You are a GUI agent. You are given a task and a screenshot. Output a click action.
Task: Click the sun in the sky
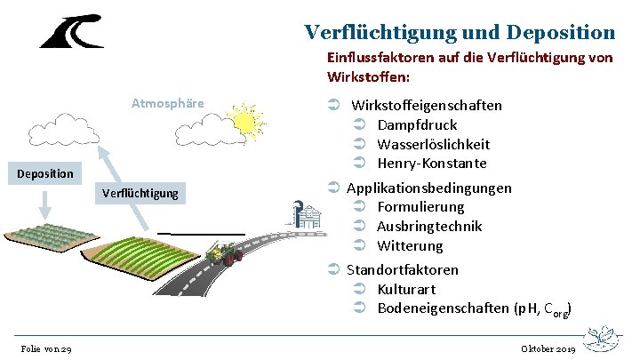(242, 119)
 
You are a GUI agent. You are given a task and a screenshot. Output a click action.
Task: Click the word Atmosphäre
(167, 103)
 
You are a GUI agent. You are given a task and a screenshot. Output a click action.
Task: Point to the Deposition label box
(45, 173)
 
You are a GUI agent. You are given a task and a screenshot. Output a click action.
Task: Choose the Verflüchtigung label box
(140, 193)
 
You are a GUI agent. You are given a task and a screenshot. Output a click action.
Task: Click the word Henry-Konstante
(432, 164)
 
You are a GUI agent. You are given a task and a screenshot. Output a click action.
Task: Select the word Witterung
(410, 245)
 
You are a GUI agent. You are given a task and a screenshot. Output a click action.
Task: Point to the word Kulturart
(406, 289)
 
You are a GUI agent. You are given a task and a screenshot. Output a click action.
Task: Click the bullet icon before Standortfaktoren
(334, 269)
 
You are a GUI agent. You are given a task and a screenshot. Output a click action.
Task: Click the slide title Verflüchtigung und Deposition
(460, 33)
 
